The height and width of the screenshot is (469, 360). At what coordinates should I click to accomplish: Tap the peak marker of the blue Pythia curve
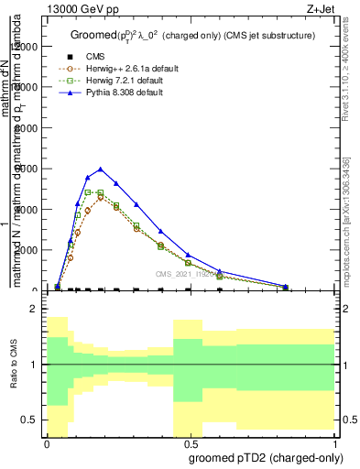point(100,169)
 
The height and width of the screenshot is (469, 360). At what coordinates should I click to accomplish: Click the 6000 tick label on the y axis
point(27,169)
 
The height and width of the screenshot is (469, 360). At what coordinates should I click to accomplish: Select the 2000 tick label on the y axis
point(27,250)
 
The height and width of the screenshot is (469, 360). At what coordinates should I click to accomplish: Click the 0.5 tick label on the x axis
point(190,442)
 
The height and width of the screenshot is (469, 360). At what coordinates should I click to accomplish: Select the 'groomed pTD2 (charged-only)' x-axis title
point(262,456)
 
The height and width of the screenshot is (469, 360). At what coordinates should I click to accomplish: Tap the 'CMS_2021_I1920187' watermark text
point(191,273)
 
